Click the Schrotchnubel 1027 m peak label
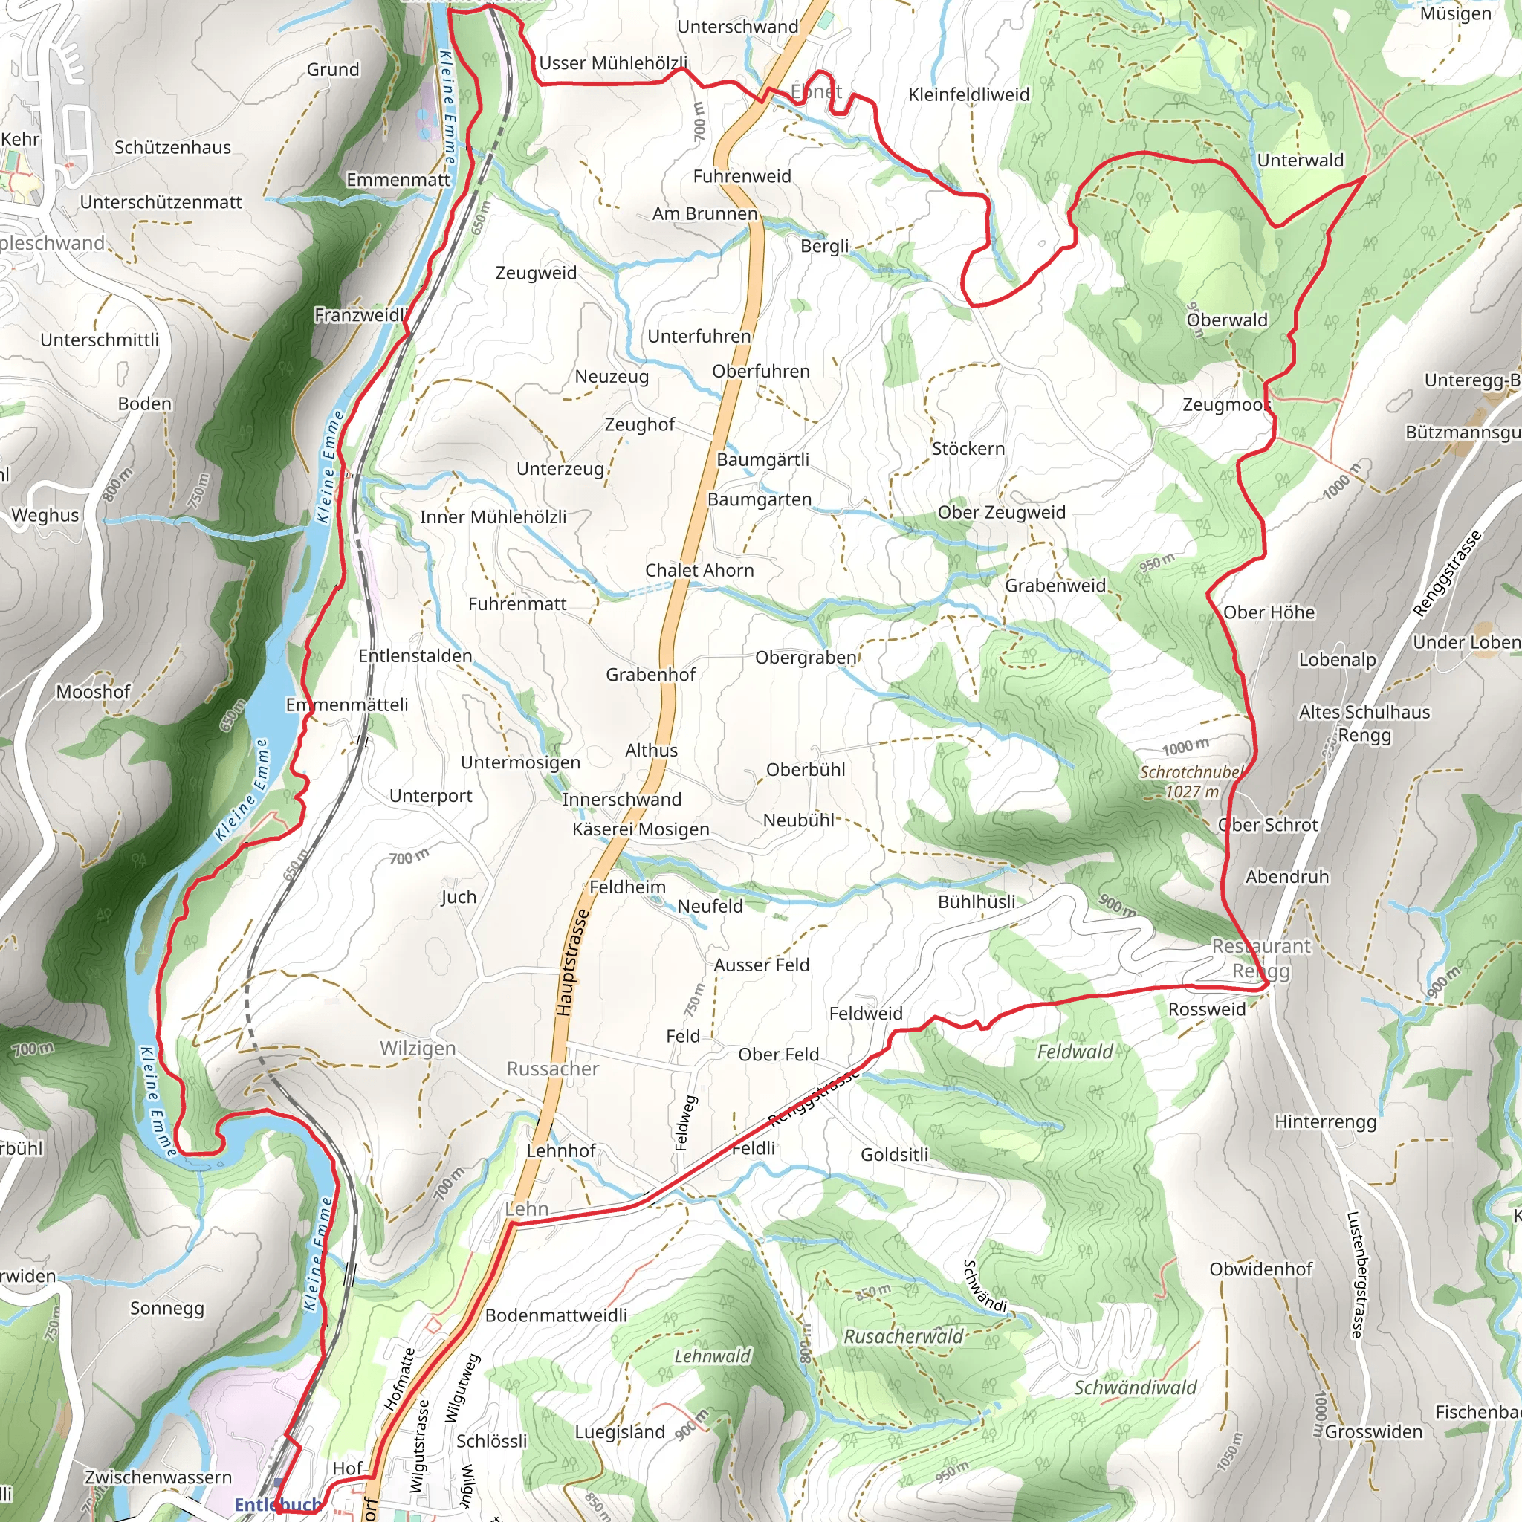tap(1191, 782)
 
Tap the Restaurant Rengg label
tap(1260, 958)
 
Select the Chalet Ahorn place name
tap(699, 570)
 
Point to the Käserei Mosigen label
tap(641, 829)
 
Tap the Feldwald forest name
tap(1075, 1052)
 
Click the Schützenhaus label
tap(172, 147)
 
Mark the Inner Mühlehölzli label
tap(493, 517)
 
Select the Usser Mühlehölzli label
tap(613, 63)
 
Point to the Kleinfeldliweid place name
tap(968, 94)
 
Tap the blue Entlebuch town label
tap(277, 1505)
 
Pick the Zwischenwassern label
tap(158, 1477)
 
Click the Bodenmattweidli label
tap(555, 1315)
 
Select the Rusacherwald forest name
tap(903, 1336)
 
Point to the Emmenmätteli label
tap(346, 705)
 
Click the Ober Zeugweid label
tap(1000, 512)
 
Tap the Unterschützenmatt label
tap(161, 202)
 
